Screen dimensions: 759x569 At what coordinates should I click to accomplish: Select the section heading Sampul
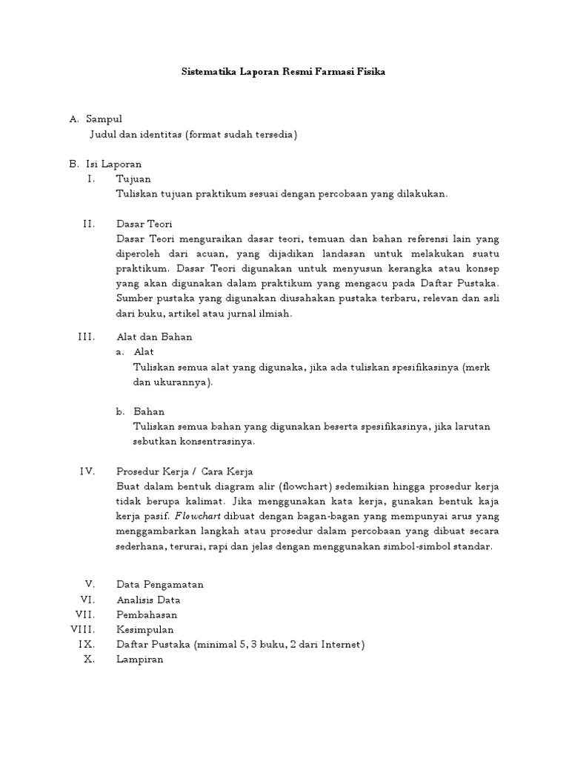point(104,119)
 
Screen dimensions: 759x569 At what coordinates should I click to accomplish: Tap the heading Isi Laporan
point(113,164)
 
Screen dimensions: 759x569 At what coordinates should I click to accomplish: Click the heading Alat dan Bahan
point(154,337)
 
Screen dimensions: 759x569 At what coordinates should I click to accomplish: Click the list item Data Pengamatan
point(160,584)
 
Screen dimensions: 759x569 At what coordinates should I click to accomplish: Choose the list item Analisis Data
point(148,600)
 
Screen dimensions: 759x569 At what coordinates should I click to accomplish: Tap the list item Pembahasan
point(147,614)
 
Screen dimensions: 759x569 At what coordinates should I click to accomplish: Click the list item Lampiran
point(140,659)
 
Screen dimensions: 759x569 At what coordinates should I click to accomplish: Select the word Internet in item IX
point(340,644)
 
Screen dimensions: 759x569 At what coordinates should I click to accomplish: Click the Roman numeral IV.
point(88,471)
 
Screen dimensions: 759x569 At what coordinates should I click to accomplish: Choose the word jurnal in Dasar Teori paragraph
point(242,314)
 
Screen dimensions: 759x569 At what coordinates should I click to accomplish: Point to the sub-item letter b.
point(120,411)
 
